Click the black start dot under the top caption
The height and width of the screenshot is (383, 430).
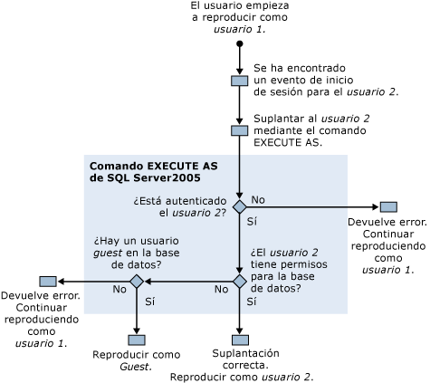coord(240,43)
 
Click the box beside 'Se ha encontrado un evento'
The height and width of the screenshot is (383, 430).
coord(240,81)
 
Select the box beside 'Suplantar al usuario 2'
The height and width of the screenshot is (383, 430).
coord(240,130)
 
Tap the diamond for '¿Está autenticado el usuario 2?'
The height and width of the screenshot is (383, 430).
coord(240,206)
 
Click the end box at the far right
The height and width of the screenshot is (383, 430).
coord(388,206)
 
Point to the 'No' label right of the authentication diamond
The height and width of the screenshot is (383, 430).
coord(258,198)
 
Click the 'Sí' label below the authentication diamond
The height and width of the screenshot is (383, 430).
coord(253,221)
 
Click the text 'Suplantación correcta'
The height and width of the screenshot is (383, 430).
coord(245,352)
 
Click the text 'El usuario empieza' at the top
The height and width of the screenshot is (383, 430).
coord(240,7)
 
